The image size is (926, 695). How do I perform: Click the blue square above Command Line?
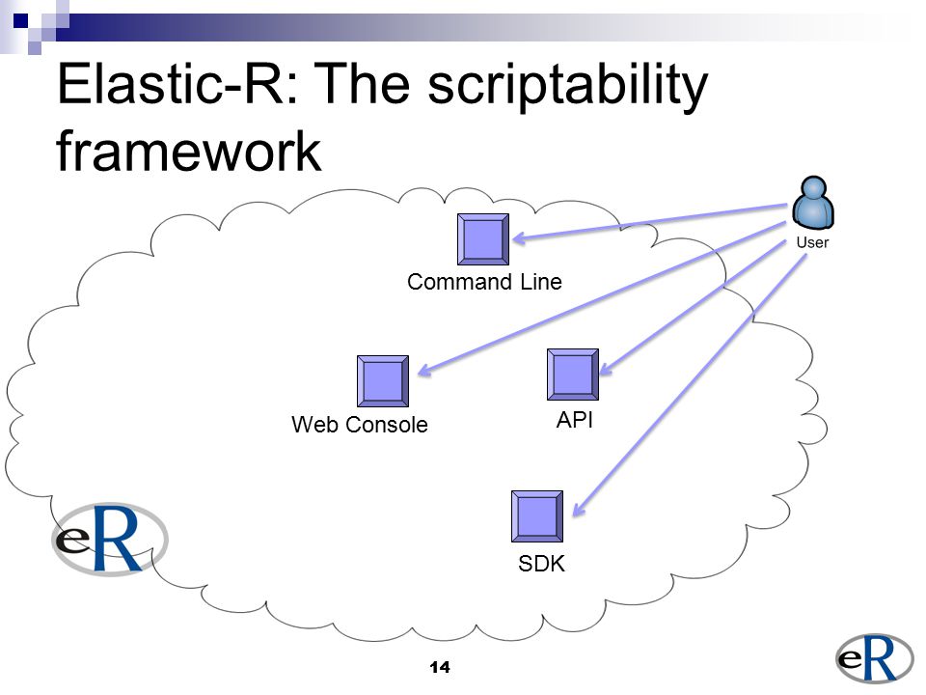pos(483,239)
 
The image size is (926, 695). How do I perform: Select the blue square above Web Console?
pos(383,381)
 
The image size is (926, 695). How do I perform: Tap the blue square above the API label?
pos(573,375)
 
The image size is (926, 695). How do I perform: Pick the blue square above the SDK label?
pos(537,516)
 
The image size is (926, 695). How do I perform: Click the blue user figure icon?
pos(813,203)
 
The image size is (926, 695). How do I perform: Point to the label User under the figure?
pos(812,242)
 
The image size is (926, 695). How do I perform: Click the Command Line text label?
pos(484,282)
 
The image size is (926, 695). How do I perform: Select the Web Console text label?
pos(360,425)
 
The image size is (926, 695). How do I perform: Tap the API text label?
pos(575,420)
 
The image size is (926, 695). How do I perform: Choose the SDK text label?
pos(541,563)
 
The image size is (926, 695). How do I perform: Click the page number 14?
pos(440,667)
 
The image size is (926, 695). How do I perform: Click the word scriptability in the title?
pos(567,86)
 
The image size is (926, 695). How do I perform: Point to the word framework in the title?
pos(189,152)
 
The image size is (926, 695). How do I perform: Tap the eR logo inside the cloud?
pos(110,539)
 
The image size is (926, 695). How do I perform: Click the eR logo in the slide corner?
pos(874,657)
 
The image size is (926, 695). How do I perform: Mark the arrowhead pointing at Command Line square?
pos(520,238)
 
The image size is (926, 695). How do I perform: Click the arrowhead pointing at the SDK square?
pos(579,509)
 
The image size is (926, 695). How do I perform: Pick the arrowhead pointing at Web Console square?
pos(425,370)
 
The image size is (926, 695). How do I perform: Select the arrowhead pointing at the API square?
pos(607,369)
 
